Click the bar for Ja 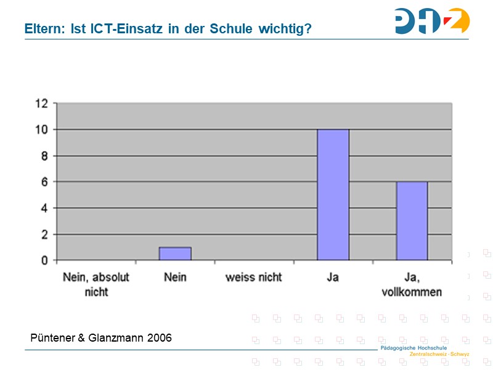coord(333,195)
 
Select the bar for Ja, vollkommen coord(412,221)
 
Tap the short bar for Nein coord(175,253)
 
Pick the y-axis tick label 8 coord(44,156)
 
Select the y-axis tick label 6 coord(44,182)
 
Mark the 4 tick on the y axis coord(44,208)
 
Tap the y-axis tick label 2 coord(44,234)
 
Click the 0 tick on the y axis coord(44,260)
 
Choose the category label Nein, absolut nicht coord(96,284)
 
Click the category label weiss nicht coord(254,277)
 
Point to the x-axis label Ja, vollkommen coord(412,284)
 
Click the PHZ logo coord(432,21)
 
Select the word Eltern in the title coord(44,28)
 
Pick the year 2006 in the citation coord(160,338)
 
